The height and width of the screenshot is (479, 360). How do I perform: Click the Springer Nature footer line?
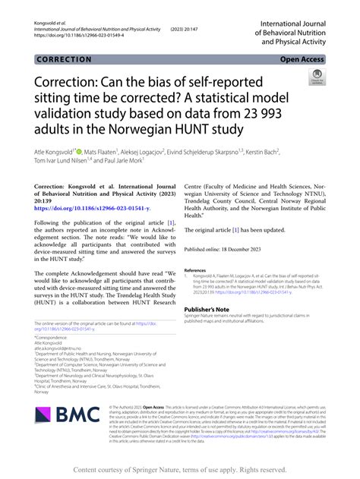(180, 468)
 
